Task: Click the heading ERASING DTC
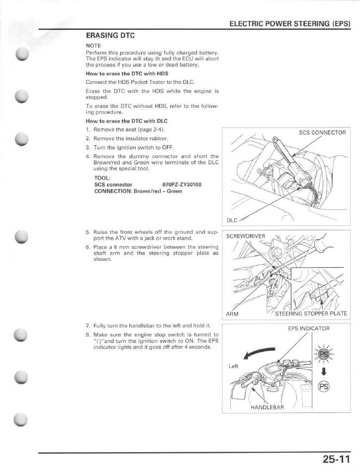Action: pos(110,36)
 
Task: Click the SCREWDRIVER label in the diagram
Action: pos(246,236)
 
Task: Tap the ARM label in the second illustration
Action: pos(232,314)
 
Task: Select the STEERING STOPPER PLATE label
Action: pos(311,314)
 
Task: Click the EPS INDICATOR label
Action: pos(308,328)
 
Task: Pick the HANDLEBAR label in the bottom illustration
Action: pos(267,407)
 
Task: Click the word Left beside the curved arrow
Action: pos(233,366)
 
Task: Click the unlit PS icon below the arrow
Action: pos(324,386)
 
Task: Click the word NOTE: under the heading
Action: pos(94,45)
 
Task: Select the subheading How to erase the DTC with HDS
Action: pos(127,73)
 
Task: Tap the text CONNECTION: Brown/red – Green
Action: pos(131,191)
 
